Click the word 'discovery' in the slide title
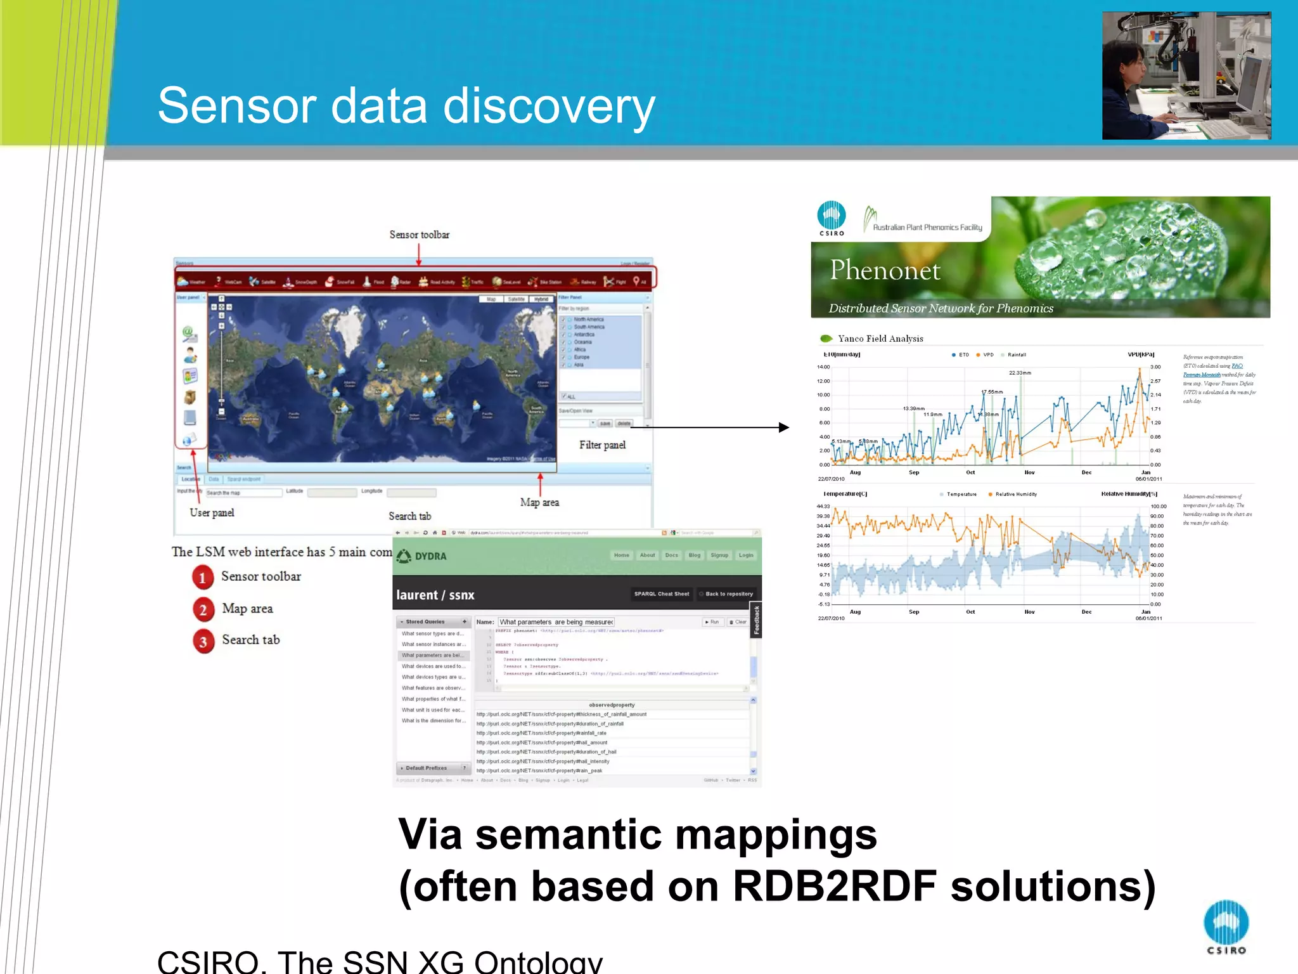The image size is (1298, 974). coord(549,106)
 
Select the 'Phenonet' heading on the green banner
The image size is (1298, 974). coord(885,271)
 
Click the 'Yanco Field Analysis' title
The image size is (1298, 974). coord(880,339)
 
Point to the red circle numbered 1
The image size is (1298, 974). coord(203,577)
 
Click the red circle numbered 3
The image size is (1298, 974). coord(203,641)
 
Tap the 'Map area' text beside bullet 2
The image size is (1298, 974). coord(247,609)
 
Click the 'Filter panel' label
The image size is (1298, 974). coord(602,445)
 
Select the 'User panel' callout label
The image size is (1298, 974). coord(212,512)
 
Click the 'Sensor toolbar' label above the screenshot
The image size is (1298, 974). coord(419,235)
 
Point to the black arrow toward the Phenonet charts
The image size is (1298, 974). coord(783,427)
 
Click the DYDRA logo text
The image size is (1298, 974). coord(430,556)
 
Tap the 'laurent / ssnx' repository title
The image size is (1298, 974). coord(435,595)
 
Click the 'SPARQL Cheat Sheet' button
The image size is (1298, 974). coord(661,594)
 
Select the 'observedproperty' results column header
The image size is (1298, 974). coord(612,705)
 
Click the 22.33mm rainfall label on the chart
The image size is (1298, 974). coord(1020,373)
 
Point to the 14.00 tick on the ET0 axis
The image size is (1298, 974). coord(823,367)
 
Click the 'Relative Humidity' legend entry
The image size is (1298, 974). coord(1015,494)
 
